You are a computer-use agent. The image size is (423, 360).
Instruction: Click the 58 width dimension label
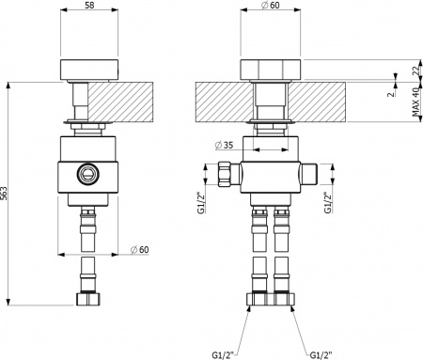pos(89,5)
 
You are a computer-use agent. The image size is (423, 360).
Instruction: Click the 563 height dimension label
pos(4,194)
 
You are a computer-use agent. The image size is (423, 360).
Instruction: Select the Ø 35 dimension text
pos(225,145)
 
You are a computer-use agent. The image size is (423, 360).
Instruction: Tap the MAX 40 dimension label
pos(415,102)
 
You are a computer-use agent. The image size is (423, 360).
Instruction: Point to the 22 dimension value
pos(415,70)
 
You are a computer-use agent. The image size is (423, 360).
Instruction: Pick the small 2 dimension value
pos(391,93)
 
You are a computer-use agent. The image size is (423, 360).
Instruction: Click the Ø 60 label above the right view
pos(271,5)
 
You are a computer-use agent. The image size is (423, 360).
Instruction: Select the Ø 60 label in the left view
pos(140,250)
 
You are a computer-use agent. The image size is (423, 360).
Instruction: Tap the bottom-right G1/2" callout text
pos(321,355)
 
